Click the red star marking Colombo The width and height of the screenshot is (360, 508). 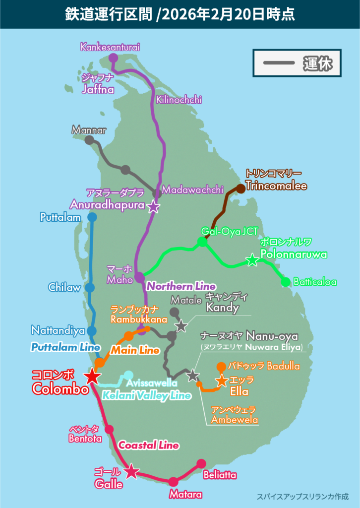click(92, 376)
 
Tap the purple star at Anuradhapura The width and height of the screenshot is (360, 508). click(154, 206)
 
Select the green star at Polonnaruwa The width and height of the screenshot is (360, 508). click(252, 259)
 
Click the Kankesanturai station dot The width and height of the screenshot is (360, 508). click(113, 58)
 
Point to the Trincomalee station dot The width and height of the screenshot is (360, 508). click(240, 188)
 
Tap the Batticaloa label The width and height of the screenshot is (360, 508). click(315, 282)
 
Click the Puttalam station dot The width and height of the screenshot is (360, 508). click(92, 217)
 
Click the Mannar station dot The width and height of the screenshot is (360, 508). click(89, 140)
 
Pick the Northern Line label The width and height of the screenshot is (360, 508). click(180, 286)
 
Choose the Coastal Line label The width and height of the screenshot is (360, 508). click(148, 445)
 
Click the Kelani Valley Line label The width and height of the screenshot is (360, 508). click(146, 395)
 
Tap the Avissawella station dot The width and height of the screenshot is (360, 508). click(128, 375)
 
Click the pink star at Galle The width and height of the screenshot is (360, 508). click(131, 471)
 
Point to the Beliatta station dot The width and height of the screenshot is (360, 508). click(201, 463)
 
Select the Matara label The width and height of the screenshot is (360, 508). click(186, 495)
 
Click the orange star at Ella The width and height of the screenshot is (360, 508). click(222, 381)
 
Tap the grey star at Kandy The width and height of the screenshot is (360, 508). click(181, 325)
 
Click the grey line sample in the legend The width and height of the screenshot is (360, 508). click(277, 63)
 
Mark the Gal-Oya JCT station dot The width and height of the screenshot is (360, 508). click(202, 242)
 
